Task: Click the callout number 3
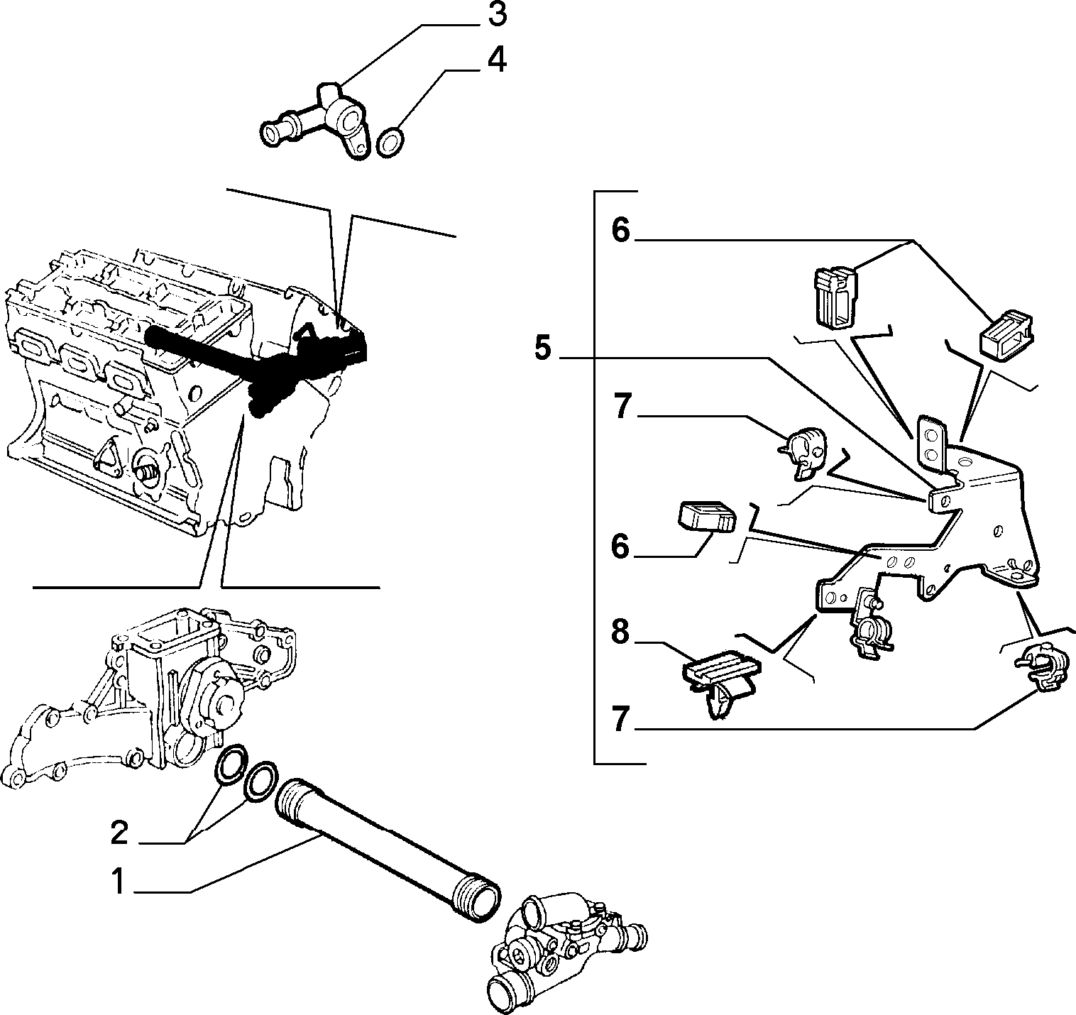click(498, 16)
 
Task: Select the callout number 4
click(497, 60)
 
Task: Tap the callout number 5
click(542, 347)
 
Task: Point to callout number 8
click(621, 632)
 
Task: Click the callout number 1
click(118, 882)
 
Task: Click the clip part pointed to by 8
click(720, 682)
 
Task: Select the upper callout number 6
click(621, 230)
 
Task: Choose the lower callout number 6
click(621, 546)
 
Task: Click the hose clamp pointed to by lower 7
click(1041, 669)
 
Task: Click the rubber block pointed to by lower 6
click(707, 515)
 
